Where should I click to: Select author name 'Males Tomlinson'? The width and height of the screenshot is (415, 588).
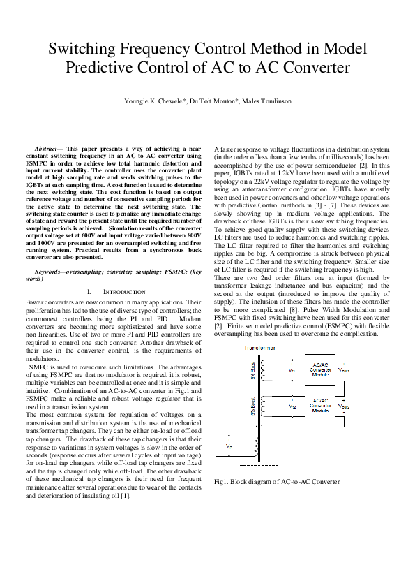(267, 101)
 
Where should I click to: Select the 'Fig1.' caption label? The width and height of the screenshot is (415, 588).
(222, 482)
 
